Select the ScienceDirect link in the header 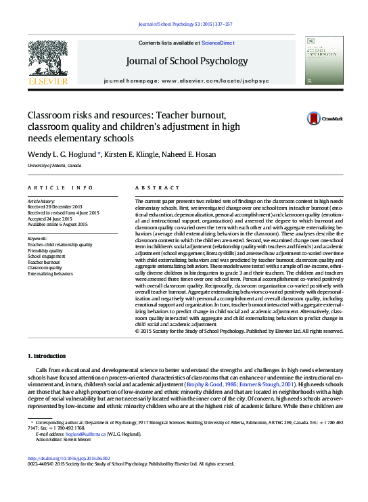pyautogui.click(x=218, y=43)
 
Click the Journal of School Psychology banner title pyautogui.click(x=187, y=61)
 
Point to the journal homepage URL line pyautogui.click(x=187, y=81)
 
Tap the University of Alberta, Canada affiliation pyautogui.click(x=54, y=166)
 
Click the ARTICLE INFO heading pyautogui.click(x=51, y=187)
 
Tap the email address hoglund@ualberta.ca pyautogui.click(x=72, y=434)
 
